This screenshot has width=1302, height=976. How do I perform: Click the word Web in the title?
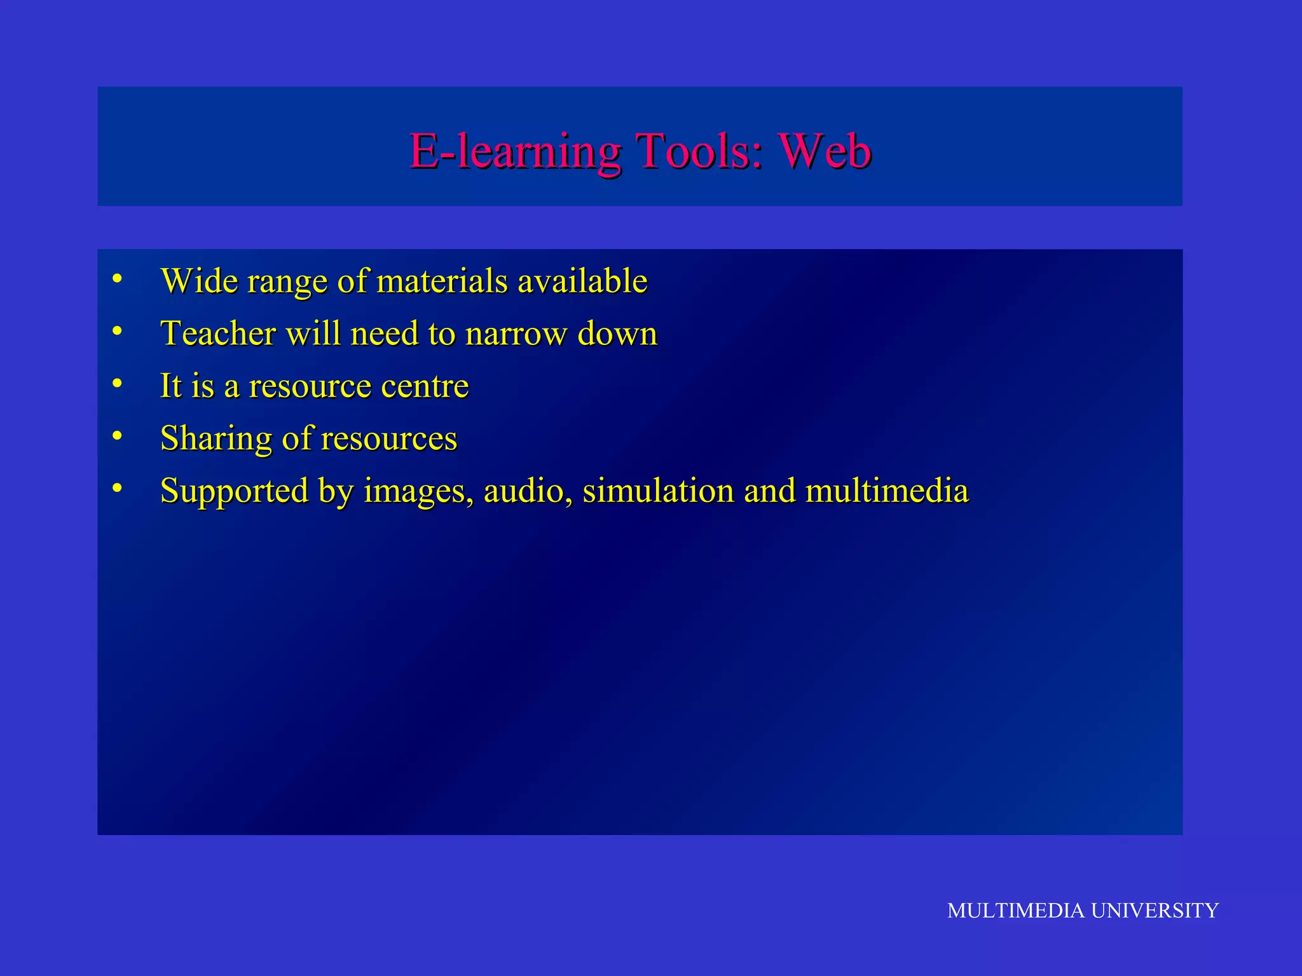pos(825,151)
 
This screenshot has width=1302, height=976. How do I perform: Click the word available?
pos(582,281)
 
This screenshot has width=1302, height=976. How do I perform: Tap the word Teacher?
pos(218,334)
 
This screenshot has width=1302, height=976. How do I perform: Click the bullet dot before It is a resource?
pos(117,383)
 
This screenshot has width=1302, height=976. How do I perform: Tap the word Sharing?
pos(216,438)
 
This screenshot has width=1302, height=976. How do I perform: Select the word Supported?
pos(234,491)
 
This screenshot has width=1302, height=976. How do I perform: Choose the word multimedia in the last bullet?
pos(887,491)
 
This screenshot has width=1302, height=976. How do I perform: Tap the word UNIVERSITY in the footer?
pos(1155,911)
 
